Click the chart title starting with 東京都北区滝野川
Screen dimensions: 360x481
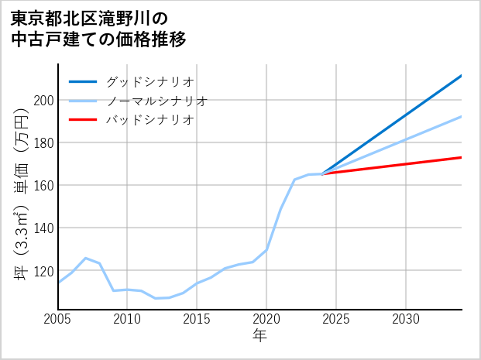[x=99, y=28]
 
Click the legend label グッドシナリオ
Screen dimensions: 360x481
[x=149, y=81]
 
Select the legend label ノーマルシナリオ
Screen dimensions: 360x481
[x=156, y=101]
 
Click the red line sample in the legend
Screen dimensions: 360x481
[x=84, y=120]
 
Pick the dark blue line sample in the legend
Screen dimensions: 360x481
[x=84, y=81]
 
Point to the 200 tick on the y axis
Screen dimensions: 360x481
[x=43, y=100]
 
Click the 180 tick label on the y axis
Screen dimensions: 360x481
[x=43, y=142]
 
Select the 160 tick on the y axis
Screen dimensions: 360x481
[x=43, y=185]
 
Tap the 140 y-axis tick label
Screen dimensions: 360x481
[x=43, y=228]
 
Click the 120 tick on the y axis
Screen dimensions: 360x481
[x=43, y=271]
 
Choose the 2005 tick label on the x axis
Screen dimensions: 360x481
[x=58, y=319]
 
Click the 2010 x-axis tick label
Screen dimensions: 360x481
[x=128, y=319]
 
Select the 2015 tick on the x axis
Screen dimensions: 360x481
[x=198, y=319]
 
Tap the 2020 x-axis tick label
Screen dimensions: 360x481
[x=266, y=319]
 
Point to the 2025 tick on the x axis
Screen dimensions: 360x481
[x=336, y=319]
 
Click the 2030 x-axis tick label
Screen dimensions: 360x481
[x=406, y=319]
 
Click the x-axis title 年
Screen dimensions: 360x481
[x=260, y=335]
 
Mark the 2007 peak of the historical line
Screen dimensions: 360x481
[x=86, y=258]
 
